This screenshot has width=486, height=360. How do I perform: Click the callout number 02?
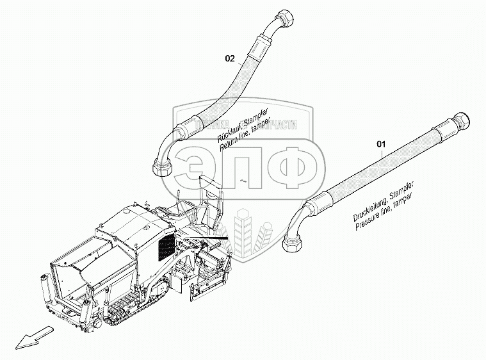[230, 59]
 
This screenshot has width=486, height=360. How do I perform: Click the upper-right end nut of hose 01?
[463, 119]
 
